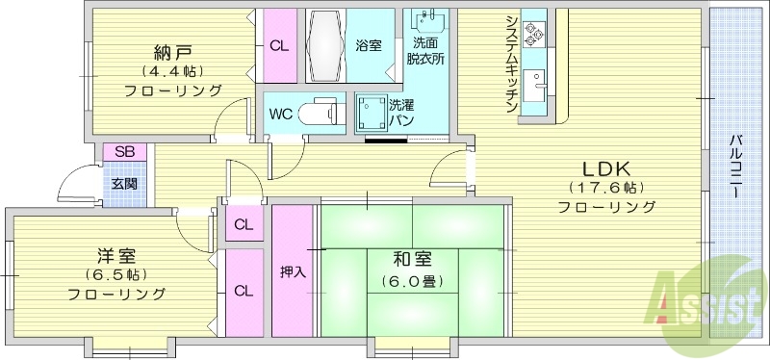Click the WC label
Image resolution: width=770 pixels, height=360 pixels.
point(281,114)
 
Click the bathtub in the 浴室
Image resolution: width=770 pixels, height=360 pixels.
point(327,46)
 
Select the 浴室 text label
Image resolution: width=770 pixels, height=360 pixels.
point(369,45)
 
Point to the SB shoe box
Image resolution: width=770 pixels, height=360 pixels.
point(124,152)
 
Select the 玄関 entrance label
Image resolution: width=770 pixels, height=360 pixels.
point(124,184)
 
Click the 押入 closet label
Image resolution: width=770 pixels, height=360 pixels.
point(293,271)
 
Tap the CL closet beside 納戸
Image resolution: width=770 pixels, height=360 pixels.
point(278,45)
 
